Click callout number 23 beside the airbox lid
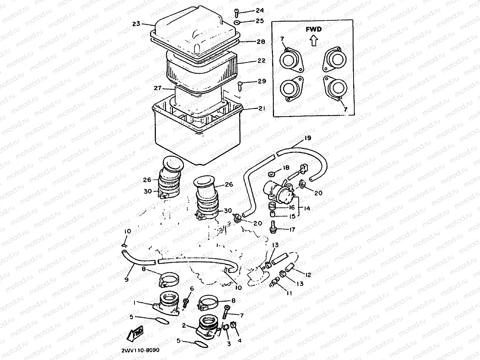point(136,24)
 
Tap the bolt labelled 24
point(237,13)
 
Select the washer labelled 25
point(237,22)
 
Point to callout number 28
point(261,41)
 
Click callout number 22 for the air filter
point(261,61)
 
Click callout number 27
point(158,88)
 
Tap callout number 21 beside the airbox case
point(262,108)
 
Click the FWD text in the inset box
point(314,29)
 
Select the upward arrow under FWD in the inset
point(314,41)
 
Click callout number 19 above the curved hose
point(308,138)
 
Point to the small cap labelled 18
point(271,174)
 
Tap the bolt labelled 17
point(273,227)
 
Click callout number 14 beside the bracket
point(307,208)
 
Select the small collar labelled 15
point(273,214)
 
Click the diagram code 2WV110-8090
point(140,350)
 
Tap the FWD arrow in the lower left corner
point(135,333)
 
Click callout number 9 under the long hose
point(126,280)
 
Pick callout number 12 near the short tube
point(308,275)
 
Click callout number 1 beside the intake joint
point(134,303)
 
